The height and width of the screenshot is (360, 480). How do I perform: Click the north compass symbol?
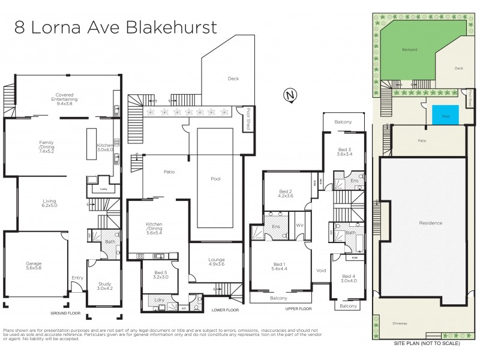coord(290,95)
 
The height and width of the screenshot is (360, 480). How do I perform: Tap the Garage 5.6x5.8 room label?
coord(34,265)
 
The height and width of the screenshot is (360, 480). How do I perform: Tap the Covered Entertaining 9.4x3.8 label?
coord(67,98)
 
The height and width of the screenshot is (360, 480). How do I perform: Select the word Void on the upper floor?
coord(322,270)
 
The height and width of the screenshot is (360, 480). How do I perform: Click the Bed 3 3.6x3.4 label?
coord(344,151)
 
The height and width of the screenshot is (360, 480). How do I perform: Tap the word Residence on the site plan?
coord(430,223)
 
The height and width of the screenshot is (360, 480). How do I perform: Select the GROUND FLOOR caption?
coord(65,313)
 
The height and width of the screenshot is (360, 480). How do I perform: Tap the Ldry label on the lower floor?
coord(160,299)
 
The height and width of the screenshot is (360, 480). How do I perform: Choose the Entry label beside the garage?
coord(77,277)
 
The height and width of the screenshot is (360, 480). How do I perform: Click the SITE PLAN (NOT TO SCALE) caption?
coord(426,344)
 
